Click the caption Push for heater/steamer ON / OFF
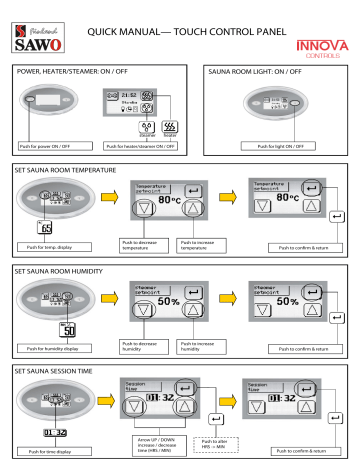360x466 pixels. pyautogui.click(x=148, y=148)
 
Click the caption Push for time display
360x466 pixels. pyautogui.click(x=51, y=451)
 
